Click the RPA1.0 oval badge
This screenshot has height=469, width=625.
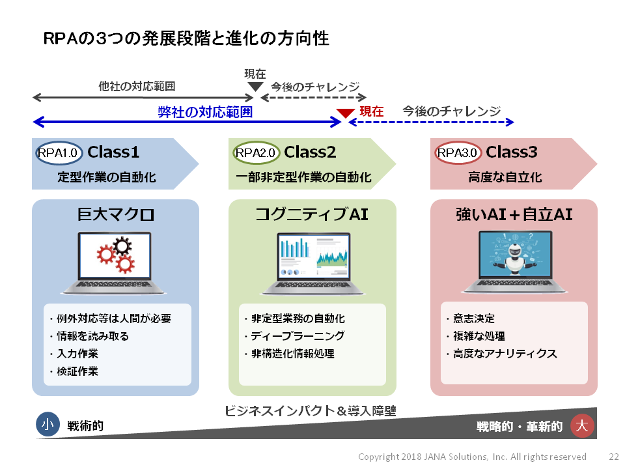click(59, 152)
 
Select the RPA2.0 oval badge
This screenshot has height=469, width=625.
click(256, 152)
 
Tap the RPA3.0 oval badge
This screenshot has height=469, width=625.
click(458, 152)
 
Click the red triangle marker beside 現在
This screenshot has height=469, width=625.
click(345, 113)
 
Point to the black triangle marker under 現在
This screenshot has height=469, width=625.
click(255, 87)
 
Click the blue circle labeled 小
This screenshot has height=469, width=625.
click(48, 424)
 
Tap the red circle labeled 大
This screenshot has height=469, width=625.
click(582, 425)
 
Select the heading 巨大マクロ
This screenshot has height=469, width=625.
click(116, 214)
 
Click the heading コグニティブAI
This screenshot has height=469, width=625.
click(312, 214)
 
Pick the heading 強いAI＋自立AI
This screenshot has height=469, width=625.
click(514, 214)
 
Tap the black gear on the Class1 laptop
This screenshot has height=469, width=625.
click(122, 246)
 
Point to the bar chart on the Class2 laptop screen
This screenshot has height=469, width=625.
click(295, 248)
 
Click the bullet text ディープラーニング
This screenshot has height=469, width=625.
click(298, 336)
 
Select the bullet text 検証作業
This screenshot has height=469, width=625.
click(77, 371)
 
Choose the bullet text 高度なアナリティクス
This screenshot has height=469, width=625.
click(505, 353)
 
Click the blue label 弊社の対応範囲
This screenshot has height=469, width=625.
click(205, 112)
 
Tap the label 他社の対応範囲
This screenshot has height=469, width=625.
click(137, 86)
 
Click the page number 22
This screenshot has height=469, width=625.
click(614, 457)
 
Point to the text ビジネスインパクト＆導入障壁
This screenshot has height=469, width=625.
click(310, 411)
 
